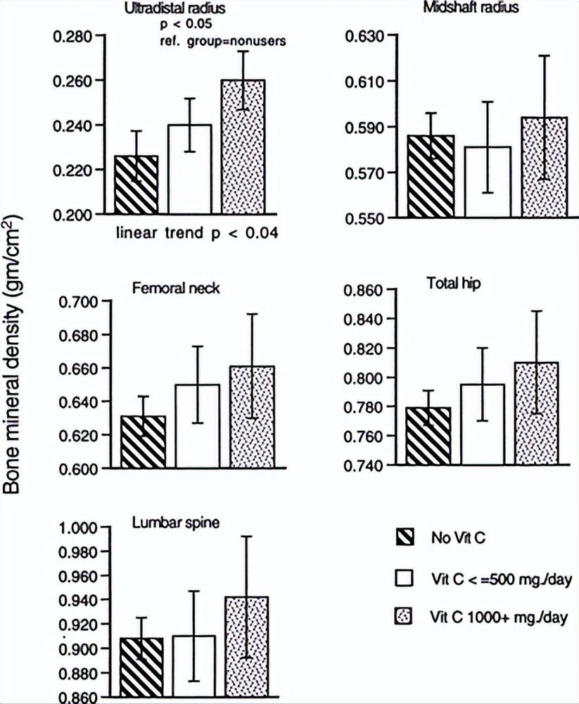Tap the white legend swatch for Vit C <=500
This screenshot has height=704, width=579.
tap(404, 578)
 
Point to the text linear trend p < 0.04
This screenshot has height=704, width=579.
tap(198, 234)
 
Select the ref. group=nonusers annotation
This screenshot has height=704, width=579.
tap(220, 41)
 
